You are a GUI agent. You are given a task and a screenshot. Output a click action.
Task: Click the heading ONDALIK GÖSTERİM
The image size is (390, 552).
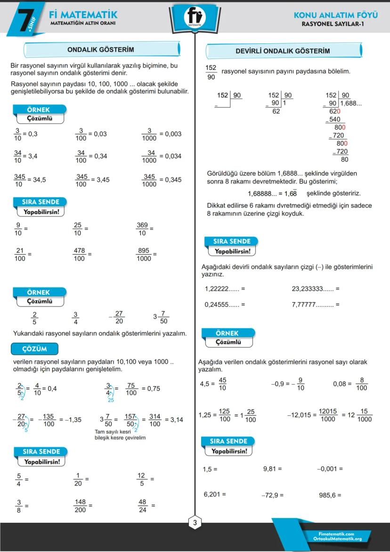point(101,49)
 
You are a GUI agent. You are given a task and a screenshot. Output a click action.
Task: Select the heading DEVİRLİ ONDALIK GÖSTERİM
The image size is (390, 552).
point(283,51)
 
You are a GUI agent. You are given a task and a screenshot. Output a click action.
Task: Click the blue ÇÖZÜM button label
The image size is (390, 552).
point(34,349)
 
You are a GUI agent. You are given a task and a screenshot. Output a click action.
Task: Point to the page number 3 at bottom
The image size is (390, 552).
point(195,522)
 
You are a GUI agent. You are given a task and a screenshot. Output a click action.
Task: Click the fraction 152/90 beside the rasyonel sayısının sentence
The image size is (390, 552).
point(211,72)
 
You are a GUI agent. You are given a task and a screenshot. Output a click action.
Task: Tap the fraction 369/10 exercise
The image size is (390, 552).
point(142,229)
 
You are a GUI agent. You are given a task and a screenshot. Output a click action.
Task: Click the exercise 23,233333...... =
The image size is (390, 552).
point(315,289)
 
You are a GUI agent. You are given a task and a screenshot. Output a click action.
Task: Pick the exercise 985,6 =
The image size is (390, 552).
point(330,495)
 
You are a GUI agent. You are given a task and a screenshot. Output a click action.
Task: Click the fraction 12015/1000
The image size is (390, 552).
point(328,415)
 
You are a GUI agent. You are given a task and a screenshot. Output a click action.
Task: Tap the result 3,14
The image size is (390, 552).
point(177,420)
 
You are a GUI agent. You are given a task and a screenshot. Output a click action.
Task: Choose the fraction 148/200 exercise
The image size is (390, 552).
point(80,506)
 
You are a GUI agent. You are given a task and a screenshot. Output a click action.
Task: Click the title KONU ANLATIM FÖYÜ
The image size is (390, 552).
point(335,15)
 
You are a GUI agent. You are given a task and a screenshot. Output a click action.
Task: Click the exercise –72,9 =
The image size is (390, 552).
point(272,495)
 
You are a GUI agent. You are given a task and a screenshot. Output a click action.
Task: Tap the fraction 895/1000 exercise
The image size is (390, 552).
point(144,255)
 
